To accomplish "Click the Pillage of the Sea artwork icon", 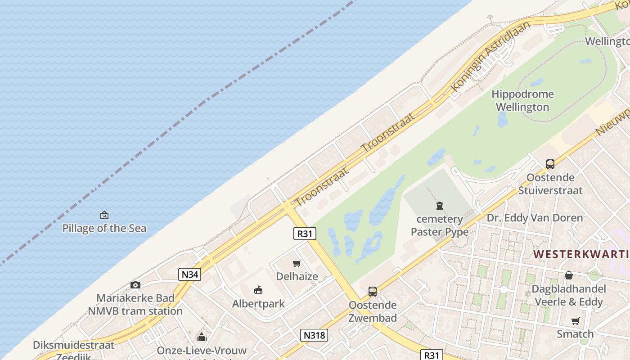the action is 104,215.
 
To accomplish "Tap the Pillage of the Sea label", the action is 104,228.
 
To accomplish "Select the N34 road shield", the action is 189,274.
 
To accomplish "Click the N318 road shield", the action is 314,335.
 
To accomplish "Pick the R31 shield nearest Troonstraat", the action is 305,233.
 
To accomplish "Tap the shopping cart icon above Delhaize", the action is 297,264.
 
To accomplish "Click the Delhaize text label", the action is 297,276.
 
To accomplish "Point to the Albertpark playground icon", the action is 258,290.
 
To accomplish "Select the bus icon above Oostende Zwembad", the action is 373,292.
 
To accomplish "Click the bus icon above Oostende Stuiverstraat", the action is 550,164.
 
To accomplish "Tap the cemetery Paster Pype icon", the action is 439,206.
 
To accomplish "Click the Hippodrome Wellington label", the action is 522,100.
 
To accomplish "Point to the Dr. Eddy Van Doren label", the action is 535,218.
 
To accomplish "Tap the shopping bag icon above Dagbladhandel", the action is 569,275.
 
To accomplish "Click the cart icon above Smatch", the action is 575,321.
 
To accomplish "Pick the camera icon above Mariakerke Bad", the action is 135,285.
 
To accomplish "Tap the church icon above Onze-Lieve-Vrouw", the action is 202,337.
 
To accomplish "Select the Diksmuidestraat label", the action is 74,345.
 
